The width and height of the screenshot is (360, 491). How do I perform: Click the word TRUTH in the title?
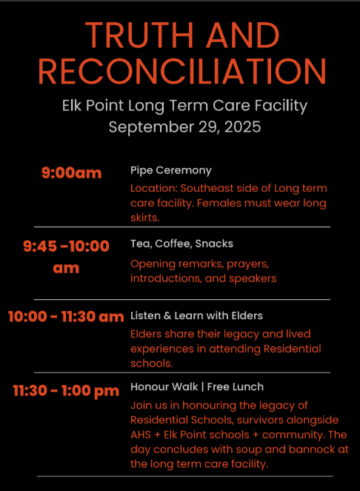point(139,35)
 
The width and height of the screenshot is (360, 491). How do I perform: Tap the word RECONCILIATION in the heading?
point(182,71)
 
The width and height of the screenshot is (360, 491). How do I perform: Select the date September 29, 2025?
point(185,127)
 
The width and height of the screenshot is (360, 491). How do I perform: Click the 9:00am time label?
point(72,173)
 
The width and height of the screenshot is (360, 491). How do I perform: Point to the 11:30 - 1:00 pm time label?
point(66,391)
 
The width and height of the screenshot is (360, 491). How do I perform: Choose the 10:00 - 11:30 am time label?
point(66,316)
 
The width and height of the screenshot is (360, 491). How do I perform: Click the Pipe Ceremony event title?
point(171,170)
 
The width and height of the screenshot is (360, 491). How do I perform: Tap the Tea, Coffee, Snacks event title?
point(181,244)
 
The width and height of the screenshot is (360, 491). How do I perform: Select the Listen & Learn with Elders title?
point(196,315)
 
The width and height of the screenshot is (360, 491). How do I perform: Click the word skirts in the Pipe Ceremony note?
point(145,218)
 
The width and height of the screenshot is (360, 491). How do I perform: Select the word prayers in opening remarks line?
point(248,264)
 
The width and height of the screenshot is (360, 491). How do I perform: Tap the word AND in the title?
point(242,35)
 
